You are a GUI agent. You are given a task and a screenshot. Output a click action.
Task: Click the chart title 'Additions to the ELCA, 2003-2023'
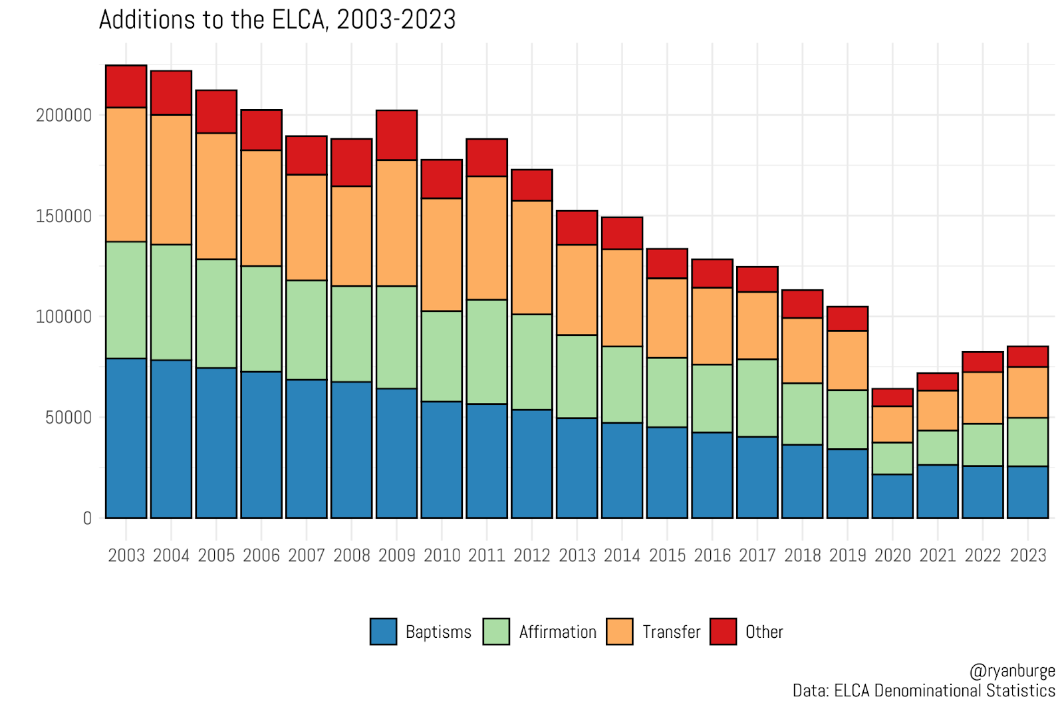(x=277, y=20)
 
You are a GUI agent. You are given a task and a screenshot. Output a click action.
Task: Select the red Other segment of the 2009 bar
(x=396, y=135)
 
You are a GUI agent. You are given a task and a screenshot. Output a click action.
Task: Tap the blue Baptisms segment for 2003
(x=126, y=438)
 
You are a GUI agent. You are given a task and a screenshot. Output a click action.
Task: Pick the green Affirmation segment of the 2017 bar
(x=757, y=398)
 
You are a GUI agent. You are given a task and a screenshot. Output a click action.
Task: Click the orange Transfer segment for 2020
(x=892, y=424)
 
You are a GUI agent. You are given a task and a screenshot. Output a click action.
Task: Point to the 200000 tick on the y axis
(x=64, y=115)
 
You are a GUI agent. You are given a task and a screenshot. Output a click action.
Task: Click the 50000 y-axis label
(x=68, y=418)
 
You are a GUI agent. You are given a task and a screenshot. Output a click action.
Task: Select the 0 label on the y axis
(x=87, y=519)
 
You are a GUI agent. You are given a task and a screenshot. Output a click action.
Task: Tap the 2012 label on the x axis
(x=531, y=555)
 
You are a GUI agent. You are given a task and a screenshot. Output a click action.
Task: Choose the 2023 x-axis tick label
(x=1027, y=555)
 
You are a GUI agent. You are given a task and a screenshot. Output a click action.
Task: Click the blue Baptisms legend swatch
(x=383, y=631)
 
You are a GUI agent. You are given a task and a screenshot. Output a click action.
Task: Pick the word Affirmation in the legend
(x=557, y=632)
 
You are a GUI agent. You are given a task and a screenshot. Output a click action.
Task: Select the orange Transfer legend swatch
(x=619, y=631)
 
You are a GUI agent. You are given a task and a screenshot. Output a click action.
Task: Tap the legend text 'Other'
(x=764, y=632)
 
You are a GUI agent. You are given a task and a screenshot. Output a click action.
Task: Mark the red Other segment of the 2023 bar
(x=1027, y=356)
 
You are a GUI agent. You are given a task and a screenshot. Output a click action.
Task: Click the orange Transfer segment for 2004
(x=171, y=180)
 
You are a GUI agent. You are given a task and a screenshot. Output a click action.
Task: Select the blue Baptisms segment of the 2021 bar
(x=937, y=491)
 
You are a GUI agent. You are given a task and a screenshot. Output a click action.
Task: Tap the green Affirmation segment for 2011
(x=486, y=352)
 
